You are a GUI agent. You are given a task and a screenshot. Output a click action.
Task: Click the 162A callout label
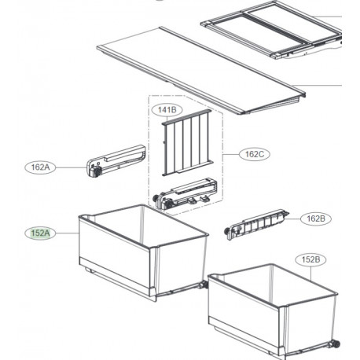(x=40, y=167)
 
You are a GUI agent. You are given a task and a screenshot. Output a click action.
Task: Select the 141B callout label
(x=167, y=110)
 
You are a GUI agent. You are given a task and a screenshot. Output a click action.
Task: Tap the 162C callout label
(x=255, y=154)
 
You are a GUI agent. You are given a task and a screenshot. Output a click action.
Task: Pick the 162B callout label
(x=315, y=219)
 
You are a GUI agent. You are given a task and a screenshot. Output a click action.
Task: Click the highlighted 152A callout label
(x=40, y=233)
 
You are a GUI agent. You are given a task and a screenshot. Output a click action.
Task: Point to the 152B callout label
(x=310, y=259)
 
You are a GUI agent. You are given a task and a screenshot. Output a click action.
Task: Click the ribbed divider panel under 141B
(x=187, y=143)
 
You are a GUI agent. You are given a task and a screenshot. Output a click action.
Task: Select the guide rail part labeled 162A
(x=116, y=161)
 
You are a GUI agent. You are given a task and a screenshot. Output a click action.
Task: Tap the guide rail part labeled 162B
(x=256, y=224)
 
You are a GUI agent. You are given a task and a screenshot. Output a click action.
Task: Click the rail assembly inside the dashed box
(x=185, y=193)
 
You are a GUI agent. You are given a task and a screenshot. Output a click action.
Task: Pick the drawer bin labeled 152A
(x=144, y=252)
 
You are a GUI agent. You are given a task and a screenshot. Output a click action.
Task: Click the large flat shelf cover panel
(x=200, y=70)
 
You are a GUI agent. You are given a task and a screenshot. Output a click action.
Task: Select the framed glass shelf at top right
(x=272, y=29)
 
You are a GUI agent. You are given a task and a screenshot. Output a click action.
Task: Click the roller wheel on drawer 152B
(x=336, y=343)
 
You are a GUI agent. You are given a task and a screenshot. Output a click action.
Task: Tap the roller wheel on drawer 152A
(x=204, y=285)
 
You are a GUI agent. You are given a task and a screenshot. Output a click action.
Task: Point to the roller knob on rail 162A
(x=97, y=171)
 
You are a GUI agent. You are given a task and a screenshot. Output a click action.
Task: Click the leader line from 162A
(x=72, y=167)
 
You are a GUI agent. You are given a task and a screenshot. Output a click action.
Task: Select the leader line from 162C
(x=231, y=154)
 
